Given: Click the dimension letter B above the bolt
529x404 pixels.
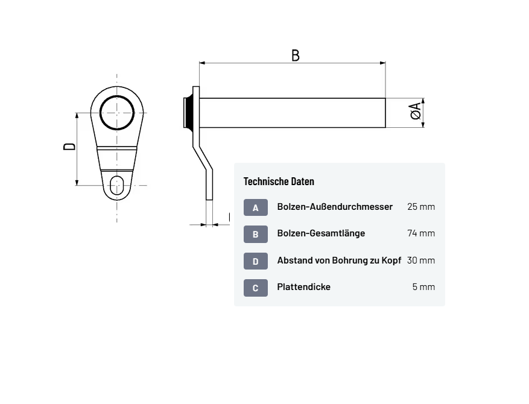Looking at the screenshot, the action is tap(295, 55).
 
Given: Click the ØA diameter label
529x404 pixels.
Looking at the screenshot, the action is tap(416, 110).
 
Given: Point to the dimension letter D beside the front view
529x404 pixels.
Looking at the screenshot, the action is tap(70, 146).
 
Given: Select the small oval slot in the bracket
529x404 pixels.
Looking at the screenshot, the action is tap(117, 185).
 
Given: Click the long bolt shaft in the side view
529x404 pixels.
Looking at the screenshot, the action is tap(292, 113).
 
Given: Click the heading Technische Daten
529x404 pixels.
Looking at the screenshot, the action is tap(279, 181).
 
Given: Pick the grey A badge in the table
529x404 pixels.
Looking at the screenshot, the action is tap(256, 207).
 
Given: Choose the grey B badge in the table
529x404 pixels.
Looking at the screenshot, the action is tap(256, 234).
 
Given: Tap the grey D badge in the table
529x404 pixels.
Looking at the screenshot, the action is tap(256, 261).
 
